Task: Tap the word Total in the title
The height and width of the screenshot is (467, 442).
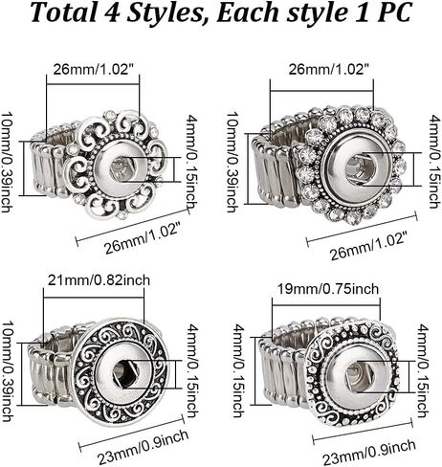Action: [x=64, y=12]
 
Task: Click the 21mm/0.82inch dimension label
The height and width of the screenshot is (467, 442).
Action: [x=99, y=280]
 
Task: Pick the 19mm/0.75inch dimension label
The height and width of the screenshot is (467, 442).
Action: [x=328, y=289]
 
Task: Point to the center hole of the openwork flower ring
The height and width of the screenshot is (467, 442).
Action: [x=122, y=168]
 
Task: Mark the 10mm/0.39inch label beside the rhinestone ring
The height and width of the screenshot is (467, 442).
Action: [x=232, y=163]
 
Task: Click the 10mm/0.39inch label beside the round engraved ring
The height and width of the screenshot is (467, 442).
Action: [x=7, y=371]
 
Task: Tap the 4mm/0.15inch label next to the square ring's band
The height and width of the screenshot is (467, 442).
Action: [x=238, y=370]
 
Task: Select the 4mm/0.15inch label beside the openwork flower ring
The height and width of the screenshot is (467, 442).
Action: [x=191, y=162]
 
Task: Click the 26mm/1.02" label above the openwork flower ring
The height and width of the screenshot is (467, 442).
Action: [x=93, y=69]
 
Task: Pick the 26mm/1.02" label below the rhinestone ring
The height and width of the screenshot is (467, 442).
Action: [x=369, y=247]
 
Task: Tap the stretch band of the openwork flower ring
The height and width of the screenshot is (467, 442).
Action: [x=51, y=163]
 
